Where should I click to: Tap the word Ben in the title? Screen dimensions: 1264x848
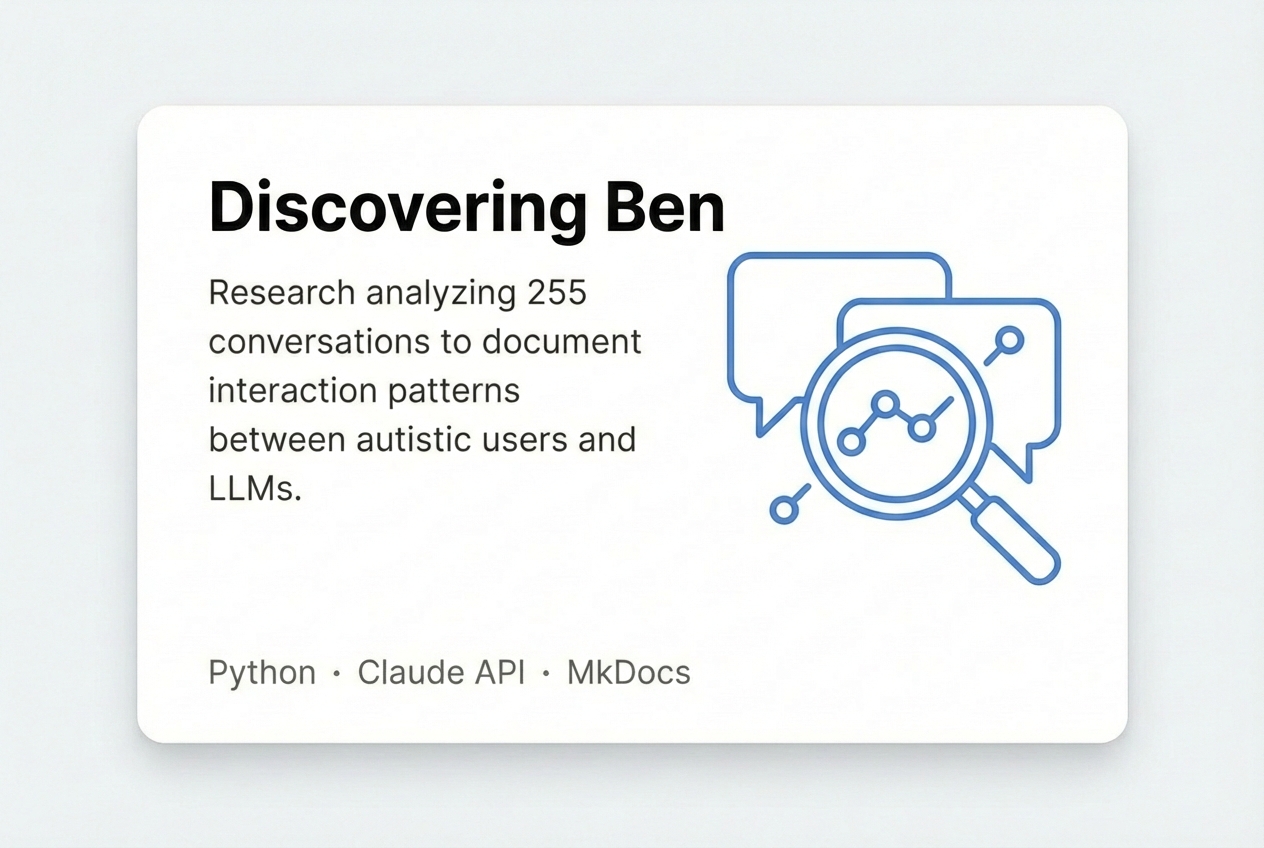[665, 208]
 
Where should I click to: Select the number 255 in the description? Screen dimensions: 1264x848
[557, 292]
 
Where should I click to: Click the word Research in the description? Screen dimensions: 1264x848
[282, 292]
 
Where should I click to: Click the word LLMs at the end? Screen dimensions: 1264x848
[255, 489]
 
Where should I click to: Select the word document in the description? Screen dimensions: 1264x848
[562, 342]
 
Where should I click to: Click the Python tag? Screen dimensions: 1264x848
[262, 673]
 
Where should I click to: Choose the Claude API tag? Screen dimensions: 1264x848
[441, 672]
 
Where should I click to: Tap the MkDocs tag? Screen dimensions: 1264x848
[629, 672]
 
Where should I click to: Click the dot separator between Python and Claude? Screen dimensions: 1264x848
[337, 673]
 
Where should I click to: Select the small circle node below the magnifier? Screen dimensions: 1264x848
[784, 509]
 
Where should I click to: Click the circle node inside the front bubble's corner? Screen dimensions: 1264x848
[1009, 340]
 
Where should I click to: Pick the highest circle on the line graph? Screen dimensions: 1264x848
[885, 405]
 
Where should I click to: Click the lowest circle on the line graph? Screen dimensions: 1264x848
[851, 441]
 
